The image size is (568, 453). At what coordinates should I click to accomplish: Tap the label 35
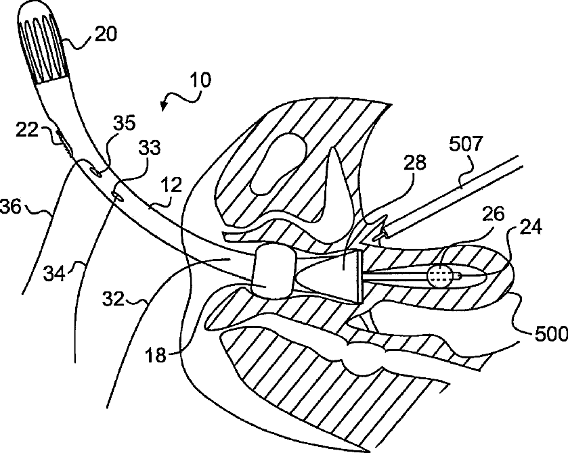click(125, 123)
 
